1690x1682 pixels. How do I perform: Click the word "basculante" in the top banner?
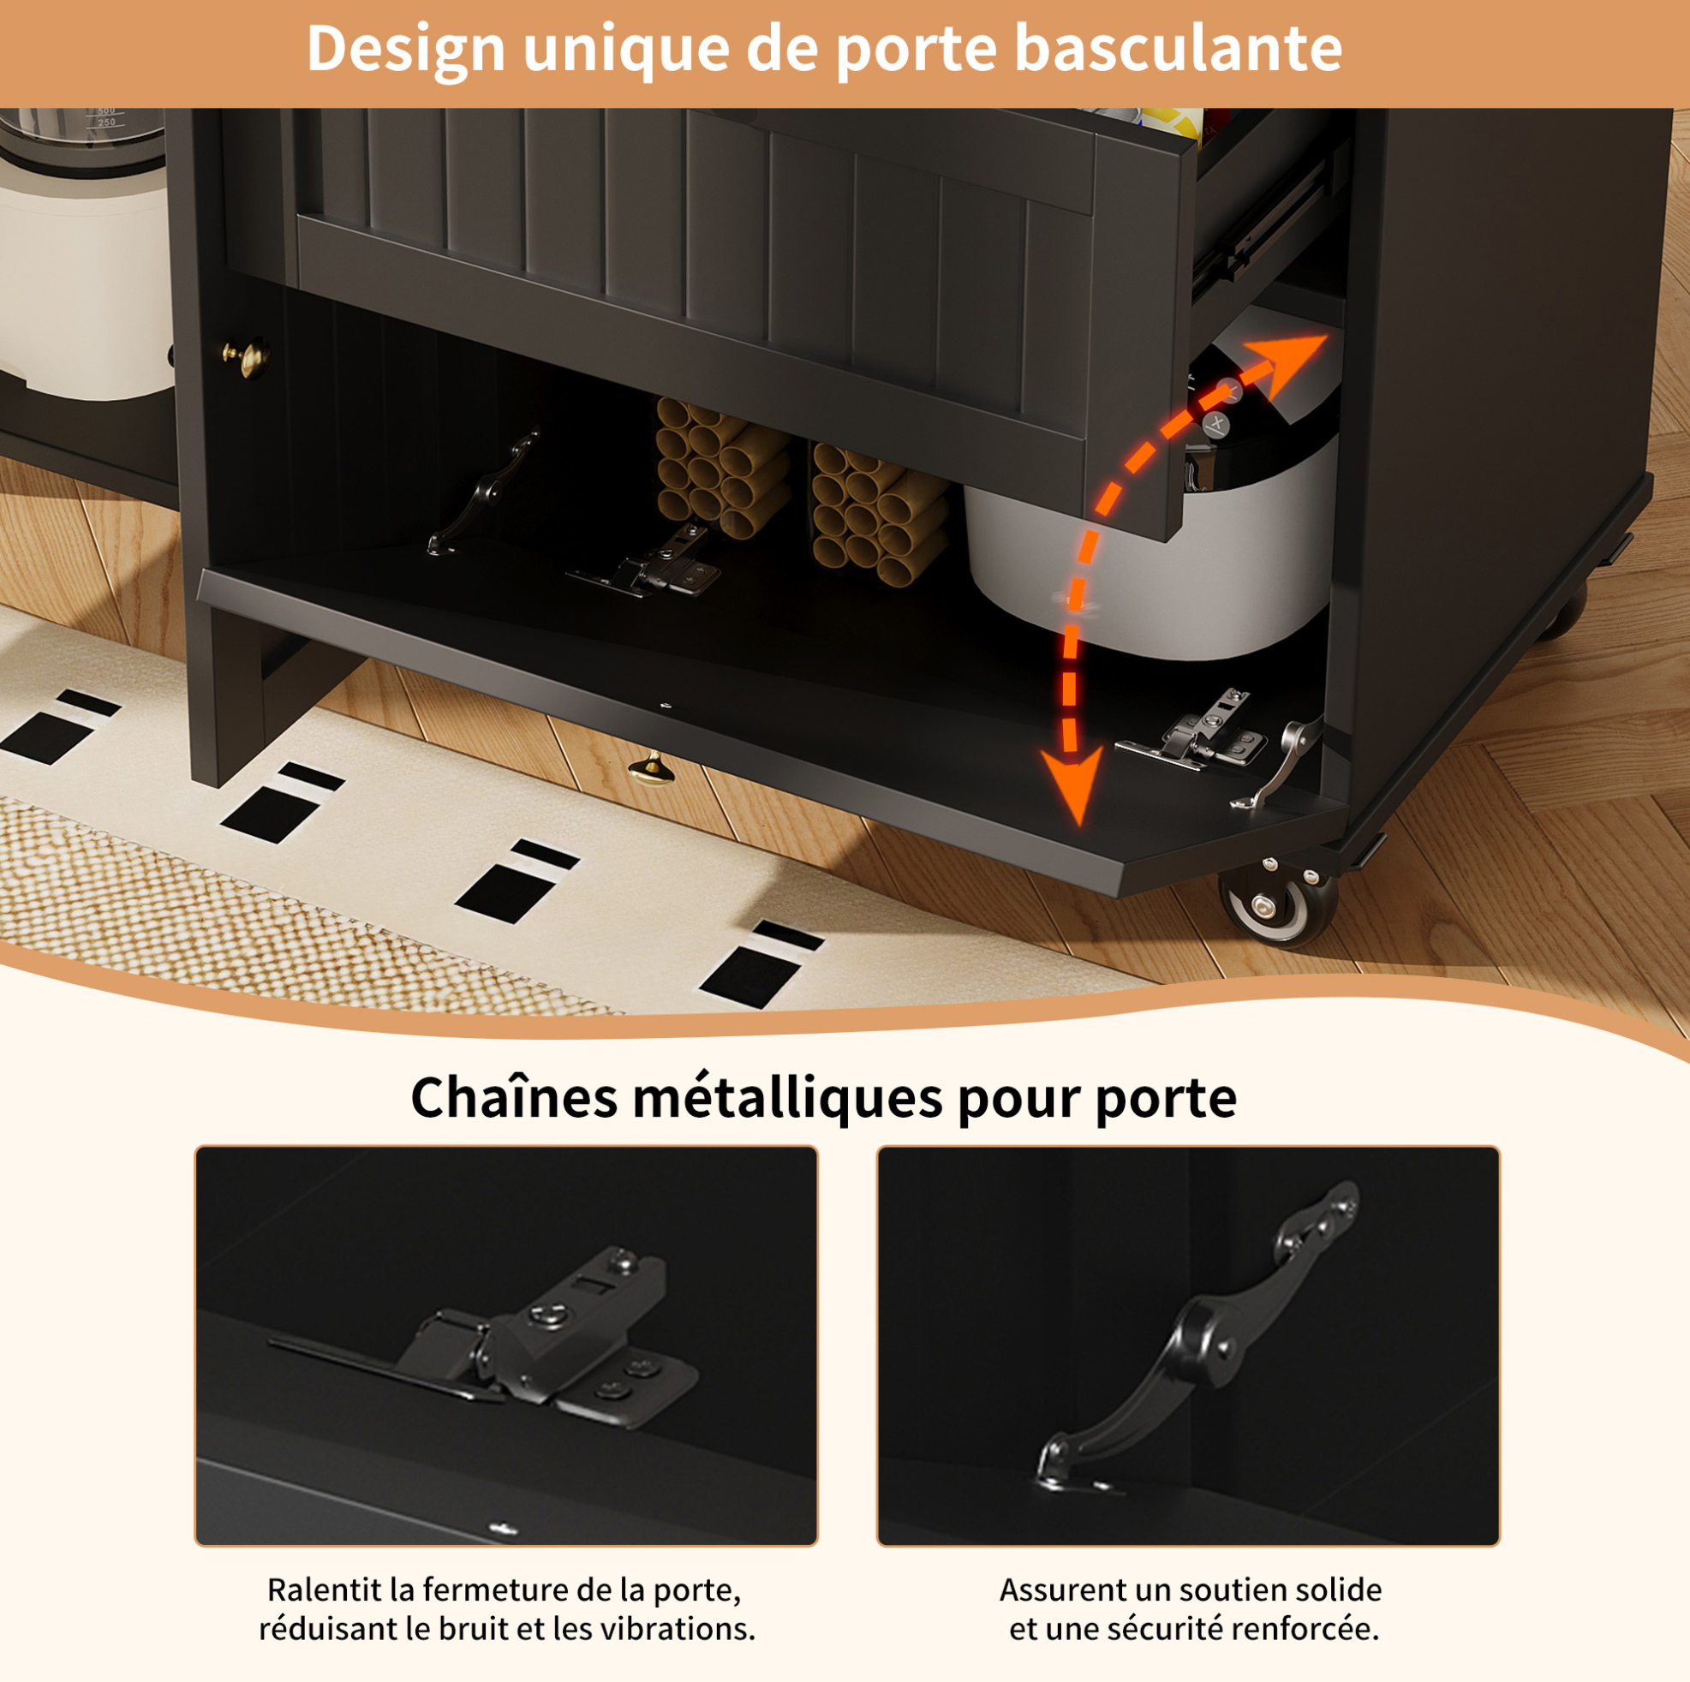click(x=1178, y=48)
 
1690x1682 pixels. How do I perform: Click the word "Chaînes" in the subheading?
click(x=513, y=1098)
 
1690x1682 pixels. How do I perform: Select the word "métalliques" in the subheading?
click(x=787, y=1098)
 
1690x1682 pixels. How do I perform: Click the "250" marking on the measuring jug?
click(x=106, y=122)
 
